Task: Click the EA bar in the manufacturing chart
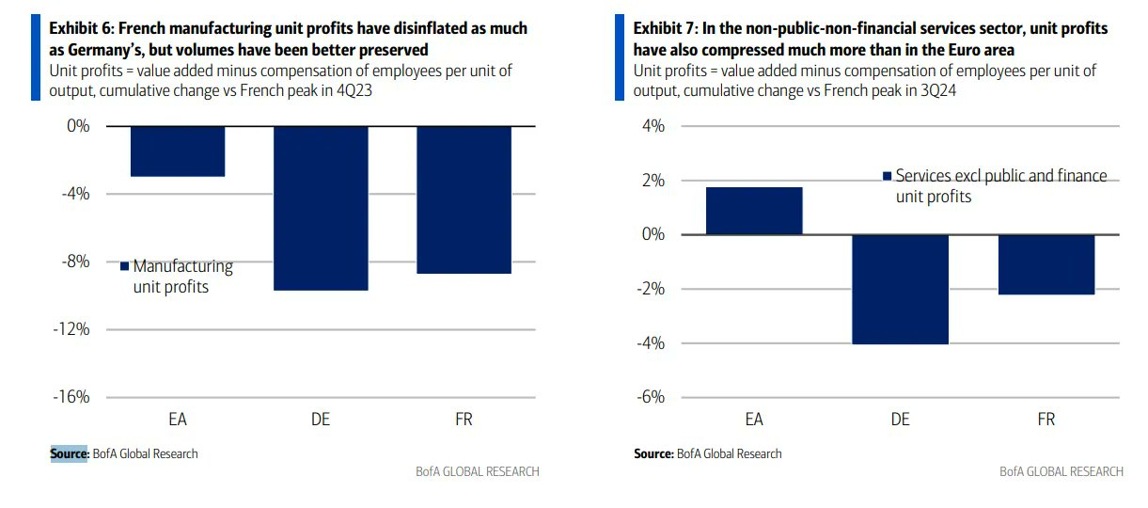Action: (178, 151)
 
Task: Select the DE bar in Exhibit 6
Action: (321, 207)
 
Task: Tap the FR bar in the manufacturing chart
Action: (464, 199)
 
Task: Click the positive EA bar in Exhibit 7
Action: (754, 211)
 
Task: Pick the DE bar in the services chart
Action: (900, 289)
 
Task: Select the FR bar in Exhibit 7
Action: (1046, 264)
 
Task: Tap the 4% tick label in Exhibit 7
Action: (652, 126)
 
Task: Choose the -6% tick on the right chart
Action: (649, 397)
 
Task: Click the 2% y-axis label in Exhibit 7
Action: (652, 181)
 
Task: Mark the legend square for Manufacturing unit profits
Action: (124, 267)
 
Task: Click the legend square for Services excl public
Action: (887, 176)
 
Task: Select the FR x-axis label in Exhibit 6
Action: (464, 420)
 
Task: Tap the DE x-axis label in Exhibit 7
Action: (900, 420)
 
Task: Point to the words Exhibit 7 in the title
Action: (663, 29)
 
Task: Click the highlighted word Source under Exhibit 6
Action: (69, 453)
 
